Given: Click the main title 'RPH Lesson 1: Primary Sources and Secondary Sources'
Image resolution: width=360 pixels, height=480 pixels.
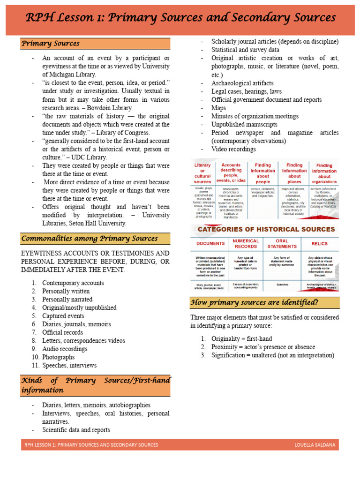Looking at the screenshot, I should [180, 18].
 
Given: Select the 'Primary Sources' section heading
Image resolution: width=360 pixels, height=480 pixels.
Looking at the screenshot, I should [50, 44].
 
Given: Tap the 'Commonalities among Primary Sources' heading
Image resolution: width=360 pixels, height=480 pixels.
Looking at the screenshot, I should [89, 239].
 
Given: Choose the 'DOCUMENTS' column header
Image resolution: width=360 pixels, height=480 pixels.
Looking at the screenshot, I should [210, 244].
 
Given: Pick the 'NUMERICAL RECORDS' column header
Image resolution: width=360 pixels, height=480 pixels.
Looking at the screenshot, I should [246, 244].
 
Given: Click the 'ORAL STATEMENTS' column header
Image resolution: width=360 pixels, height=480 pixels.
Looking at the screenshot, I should [282, 244].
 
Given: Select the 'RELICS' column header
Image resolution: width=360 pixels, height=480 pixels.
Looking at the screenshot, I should [320, 244].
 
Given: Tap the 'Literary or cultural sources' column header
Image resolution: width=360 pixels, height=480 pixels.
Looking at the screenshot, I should [202, 173].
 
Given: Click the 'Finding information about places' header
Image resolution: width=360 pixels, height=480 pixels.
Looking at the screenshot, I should [294, 173].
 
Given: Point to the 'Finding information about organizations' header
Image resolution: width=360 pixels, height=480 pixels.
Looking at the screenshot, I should [324, 173].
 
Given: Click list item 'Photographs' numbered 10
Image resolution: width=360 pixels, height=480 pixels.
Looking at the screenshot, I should [58, 357].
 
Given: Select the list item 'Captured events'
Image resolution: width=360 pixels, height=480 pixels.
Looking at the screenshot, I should [63, 316].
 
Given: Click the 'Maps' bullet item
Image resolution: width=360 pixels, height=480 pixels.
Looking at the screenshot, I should [218, 108].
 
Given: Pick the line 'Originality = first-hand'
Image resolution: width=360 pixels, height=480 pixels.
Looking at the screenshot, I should [241, 338].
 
